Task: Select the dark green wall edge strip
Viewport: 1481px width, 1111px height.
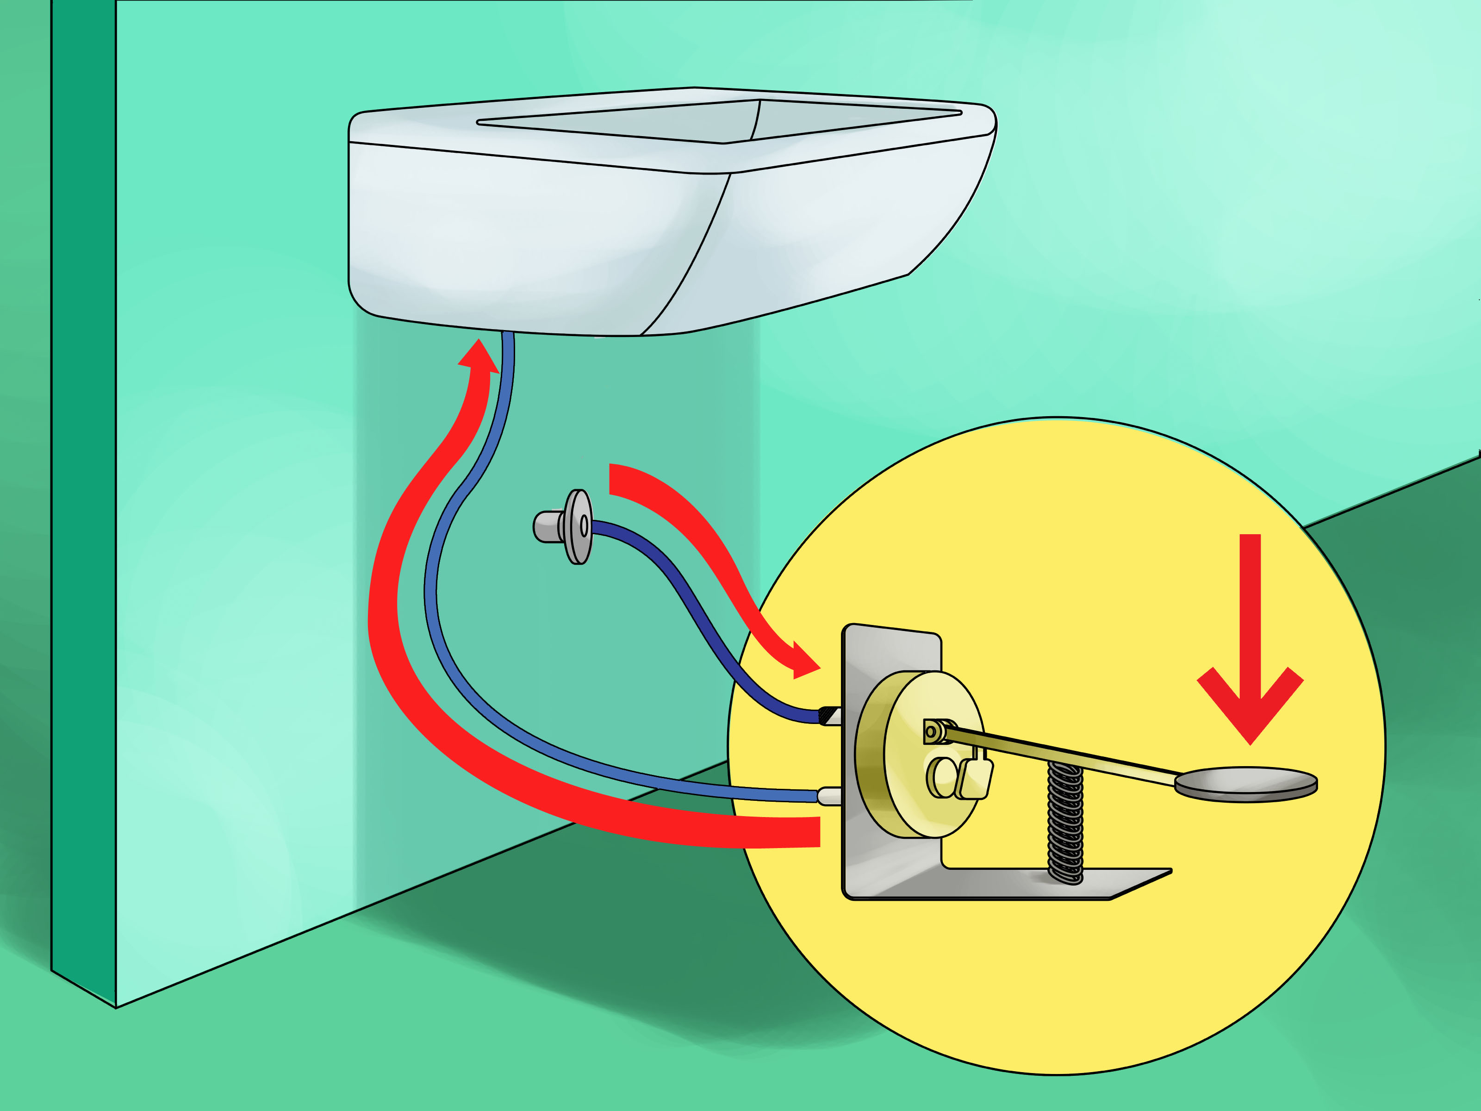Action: tap(84, 469)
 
